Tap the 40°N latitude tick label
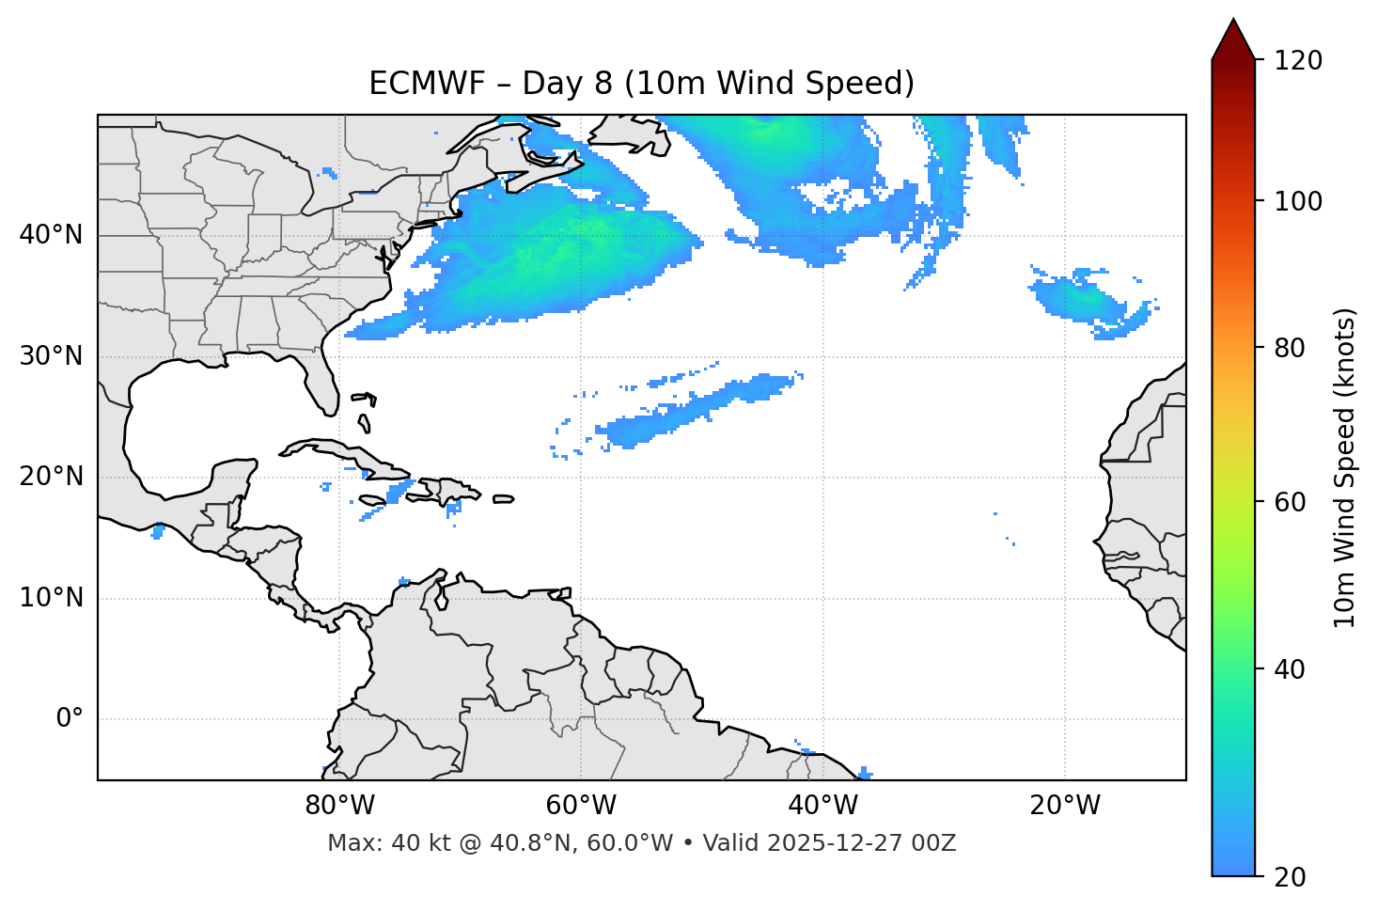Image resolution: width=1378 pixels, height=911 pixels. [51, 235]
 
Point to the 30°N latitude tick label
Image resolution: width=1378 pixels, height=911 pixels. [51, 356]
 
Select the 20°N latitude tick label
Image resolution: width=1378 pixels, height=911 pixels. [51, 477]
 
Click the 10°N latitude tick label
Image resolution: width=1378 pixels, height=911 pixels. [51, 598]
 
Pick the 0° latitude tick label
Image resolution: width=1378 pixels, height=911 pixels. [70, 719]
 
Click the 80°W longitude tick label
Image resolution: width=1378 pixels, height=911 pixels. [339, 806]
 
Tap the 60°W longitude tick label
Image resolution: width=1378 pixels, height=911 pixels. [581, 806]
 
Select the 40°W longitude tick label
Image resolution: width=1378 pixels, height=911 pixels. [822, 806]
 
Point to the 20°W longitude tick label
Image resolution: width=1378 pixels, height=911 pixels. [1065, 806]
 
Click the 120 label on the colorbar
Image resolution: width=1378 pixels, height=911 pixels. [1298, 61]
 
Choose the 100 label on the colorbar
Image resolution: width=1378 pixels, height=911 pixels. [1298, 201]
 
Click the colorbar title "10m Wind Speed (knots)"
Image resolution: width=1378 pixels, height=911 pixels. [1346, 467]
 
